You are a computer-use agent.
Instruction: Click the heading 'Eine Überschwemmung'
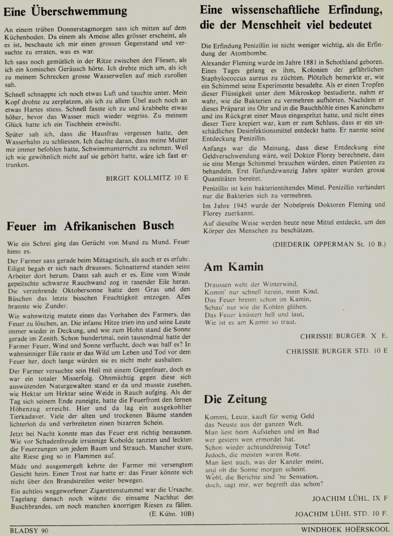coord(65,11)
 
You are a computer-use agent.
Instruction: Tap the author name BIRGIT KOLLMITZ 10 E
coord(147,178)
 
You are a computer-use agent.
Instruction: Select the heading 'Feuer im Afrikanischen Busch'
coord(90,226)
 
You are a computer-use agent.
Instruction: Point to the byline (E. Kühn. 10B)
coord(171,514)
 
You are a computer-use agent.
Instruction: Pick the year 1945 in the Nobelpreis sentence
coord(241,205)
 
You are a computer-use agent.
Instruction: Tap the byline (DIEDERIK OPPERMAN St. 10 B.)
coord(329,244)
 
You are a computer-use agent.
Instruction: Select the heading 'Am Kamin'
coord(233,267)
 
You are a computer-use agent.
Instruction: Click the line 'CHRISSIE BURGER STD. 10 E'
coord(337,351)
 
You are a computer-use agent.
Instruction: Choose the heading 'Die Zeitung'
coord(235,399)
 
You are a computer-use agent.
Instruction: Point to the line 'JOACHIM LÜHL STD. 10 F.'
coord(341,514)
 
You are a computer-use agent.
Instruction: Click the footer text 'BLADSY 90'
coord(29,531)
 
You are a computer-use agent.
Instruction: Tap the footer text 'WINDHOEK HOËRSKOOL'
coord(345,529)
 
